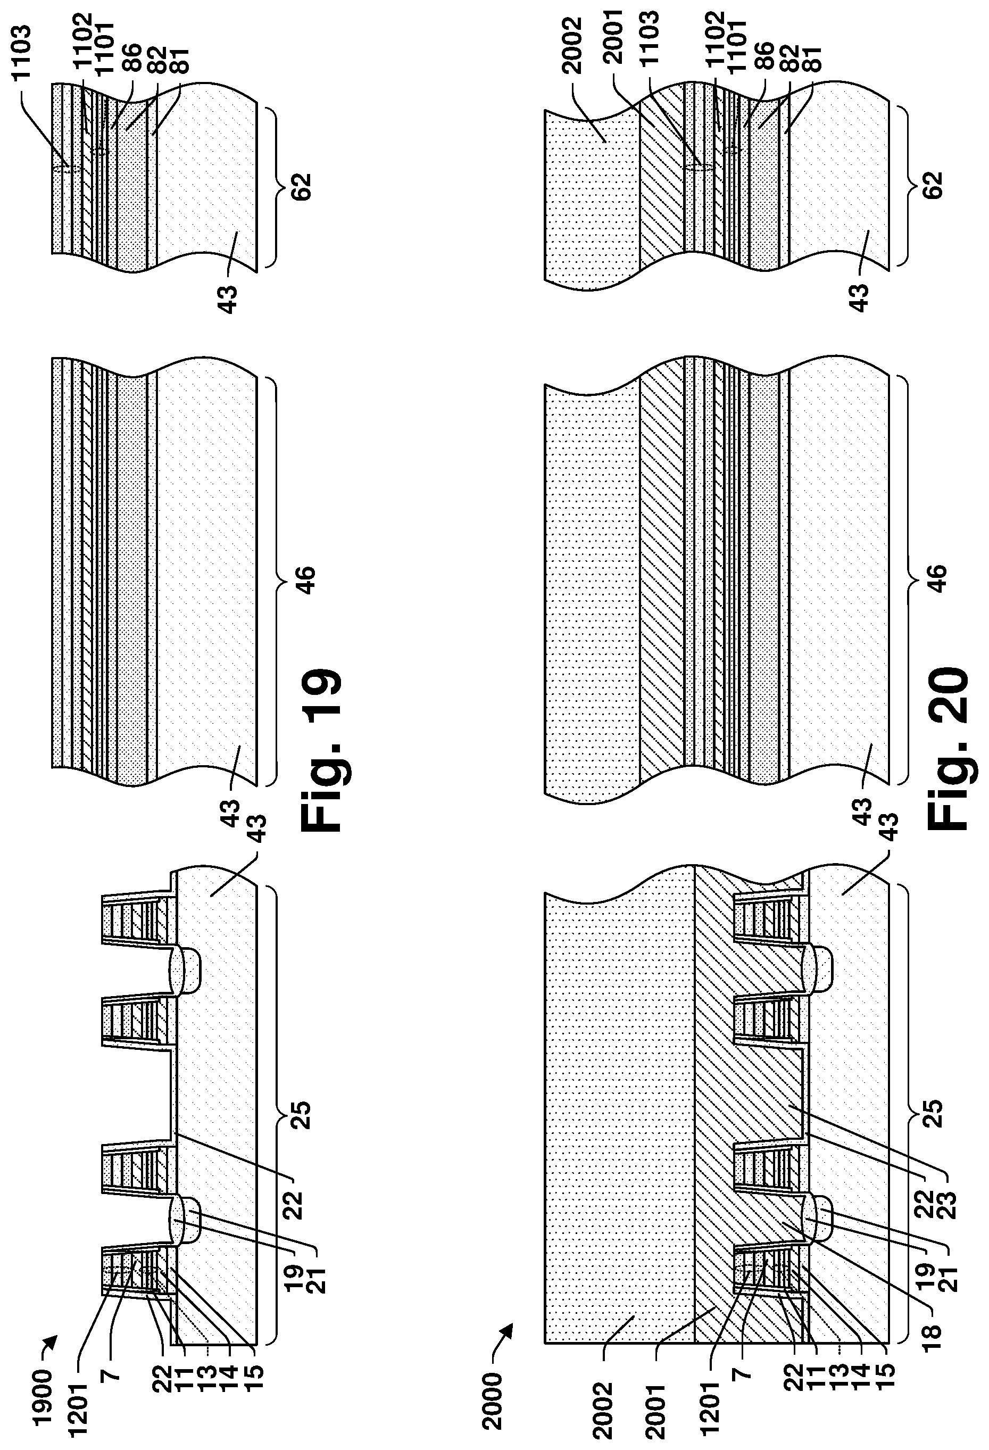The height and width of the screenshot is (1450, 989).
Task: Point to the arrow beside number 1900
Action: point(51,1342)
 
